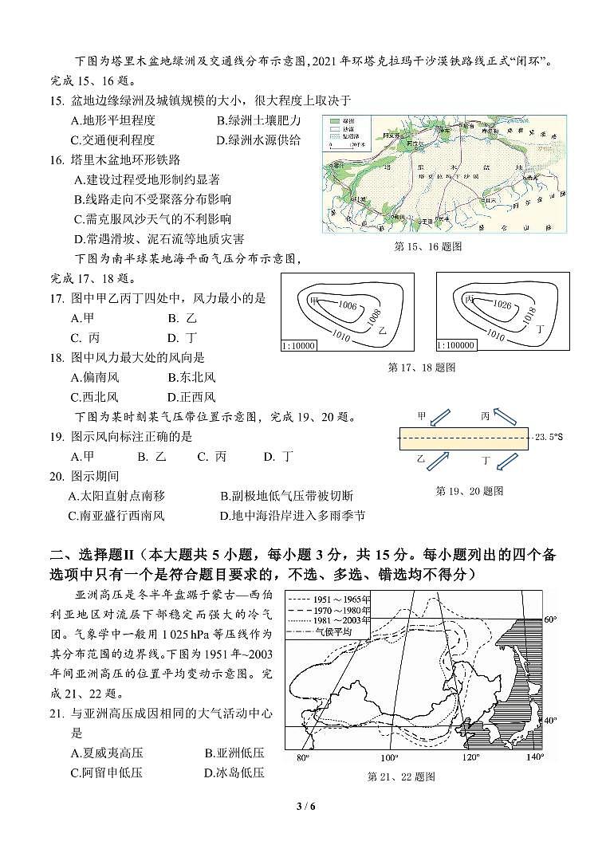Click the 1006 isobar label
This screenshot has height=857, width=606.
point(347,306)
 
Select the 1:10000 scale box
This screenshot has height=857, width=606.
point(299,345)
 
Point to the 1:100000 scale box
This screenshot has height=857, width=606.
point(457,345)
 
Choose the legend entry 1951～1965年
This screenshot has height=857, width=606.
point(342,600)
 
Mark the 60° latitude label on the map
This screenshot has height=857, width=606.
point(549,619)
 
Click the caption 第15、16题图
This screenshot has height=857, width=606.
point(428,246)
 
